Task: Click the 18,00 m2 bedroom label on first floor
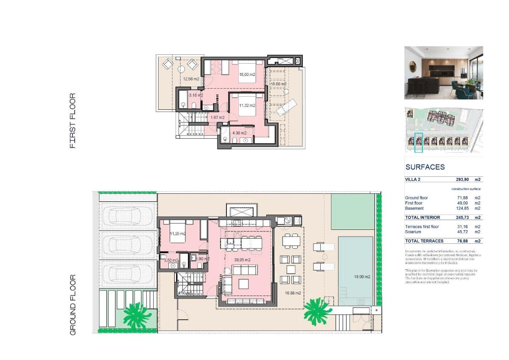click(247, 75)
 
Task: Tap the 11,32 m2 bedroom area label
click(247, 106)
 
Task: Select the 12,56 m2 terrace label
click(191, 79)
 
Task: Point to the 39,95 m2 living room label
click(242, 260)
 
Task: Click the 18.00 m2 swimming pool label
click(362, 277)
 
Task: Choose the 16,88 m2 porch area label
click(293, 293)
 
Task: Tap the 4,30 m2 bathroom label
click(239, 133)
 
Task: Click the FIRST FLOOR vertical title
click(73, 121)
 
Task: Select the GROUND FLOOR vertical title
click(73, 305)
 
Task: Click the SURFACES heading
click(425, 167)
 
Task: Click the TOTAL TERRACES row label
click(422, 241)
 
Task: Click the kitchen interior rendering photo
click(443, 73)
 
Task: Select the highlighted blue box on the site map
click(419, 142)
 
